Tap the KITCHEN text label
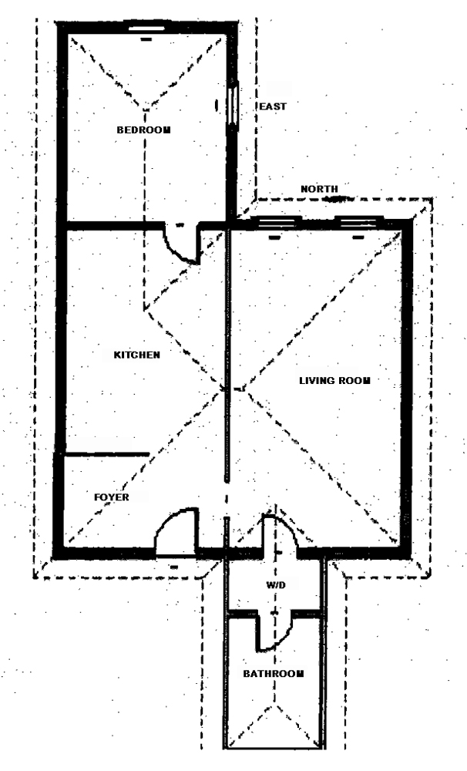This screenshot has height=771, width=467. (x=136, y=355)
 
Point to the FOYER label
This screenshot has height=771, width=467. (x=111, y=497)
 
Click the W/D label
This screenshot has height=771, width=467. (x=276, y=587)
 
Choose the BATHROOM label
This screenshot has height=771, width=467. (x=273, y=673)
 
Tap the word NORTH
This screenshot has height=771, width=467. (x=319, y=189)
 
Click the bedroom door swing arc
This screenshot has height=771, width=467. (x=183, y=247)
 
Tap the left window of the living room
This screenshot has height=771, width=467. (x=274, y=222)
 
